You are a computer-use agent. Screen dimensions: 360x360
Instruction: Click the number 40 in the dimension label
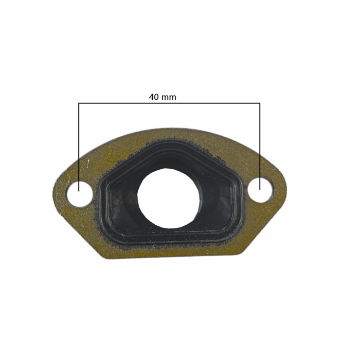click(x=154, y=97)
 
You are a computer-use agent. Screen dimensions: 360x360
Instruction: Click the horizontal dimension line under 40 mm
click(x=206, y=103)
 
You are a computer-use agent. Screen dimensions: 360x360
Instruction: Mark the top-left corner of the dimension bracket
click(x=79, y=103)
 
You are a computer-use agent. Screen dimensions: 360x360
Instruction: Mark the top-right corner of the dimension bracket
click(x=260, y=103)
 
